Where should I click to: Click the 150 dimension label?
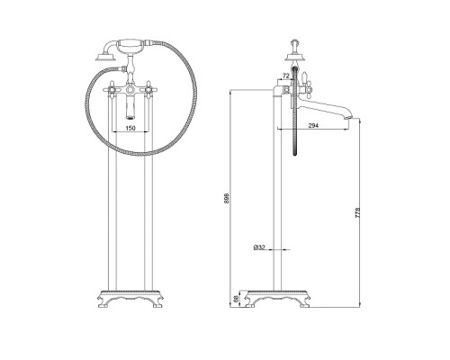(x=130, y=128)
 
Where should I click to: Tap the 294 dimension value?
(x=313, y=126)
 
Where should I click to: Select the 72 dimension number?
(x=286, y=76)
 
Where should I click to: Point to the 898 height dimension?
(x=227, y=198)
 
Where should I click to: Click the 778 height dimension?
(x=357, y=213)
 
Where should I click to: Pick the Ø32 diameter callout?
(x=259, y=247)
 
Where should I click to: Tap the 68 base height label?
(x=236, y=298)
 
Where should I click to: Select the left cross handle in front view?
(x=112, y=89)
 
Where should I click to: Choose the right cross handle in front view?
(x=148, y=89)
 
